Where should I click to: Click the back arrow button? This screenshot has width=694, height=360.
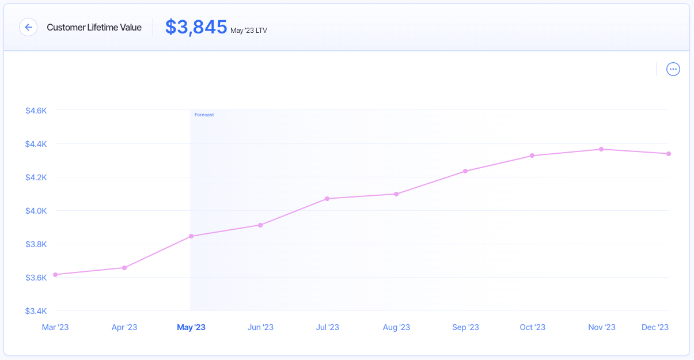click(28, 27)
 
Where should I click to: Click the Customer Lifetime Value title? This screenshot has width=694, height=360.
click(94, 27)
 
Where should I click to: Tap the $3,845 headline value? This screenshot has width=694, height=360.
click(196, 27)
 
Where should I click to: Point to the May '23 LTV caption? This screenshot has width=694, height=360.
click(248, 30)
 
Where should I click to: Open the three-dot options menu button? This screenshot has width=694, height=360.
click(673, 69)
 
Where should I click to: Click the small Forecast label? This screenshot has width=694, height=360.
click(204, 115)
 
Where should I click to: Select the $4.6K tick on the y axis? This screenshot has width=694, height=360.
click(36, 110)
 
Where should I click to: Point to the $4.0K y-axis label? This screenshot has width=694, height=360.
click(36, 211)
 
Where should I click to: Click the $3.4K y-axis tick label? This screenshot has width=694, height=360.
click(36, 311)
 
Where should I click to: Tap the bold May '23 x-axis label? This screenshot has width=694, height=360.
click(191, 327)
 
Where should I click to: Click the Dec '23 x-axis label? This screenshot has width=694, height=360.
click(655, 327)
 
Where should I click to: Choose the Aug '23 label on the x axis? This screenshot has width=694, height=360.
click(396, 327)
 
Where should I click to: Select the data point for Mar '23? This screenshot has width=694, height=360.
click(55, 275)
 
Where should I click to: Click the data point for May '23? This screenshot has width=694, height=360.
click(191, 236)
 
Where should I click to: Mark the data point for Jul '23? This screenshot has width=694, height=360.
click(327, 199)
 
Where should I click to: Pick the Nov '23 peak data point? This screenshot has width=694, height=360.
click(601, 149)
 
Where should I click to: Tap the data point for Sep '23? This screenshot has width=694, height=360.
click(465, 171)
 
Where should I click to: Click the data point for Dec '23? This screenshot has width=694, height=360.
click(669, 154)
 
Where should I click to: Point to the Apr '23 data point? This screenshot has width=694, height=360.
click(124, 268)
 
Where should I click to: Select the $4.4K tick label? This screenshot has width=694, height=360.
click(36, 144)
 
